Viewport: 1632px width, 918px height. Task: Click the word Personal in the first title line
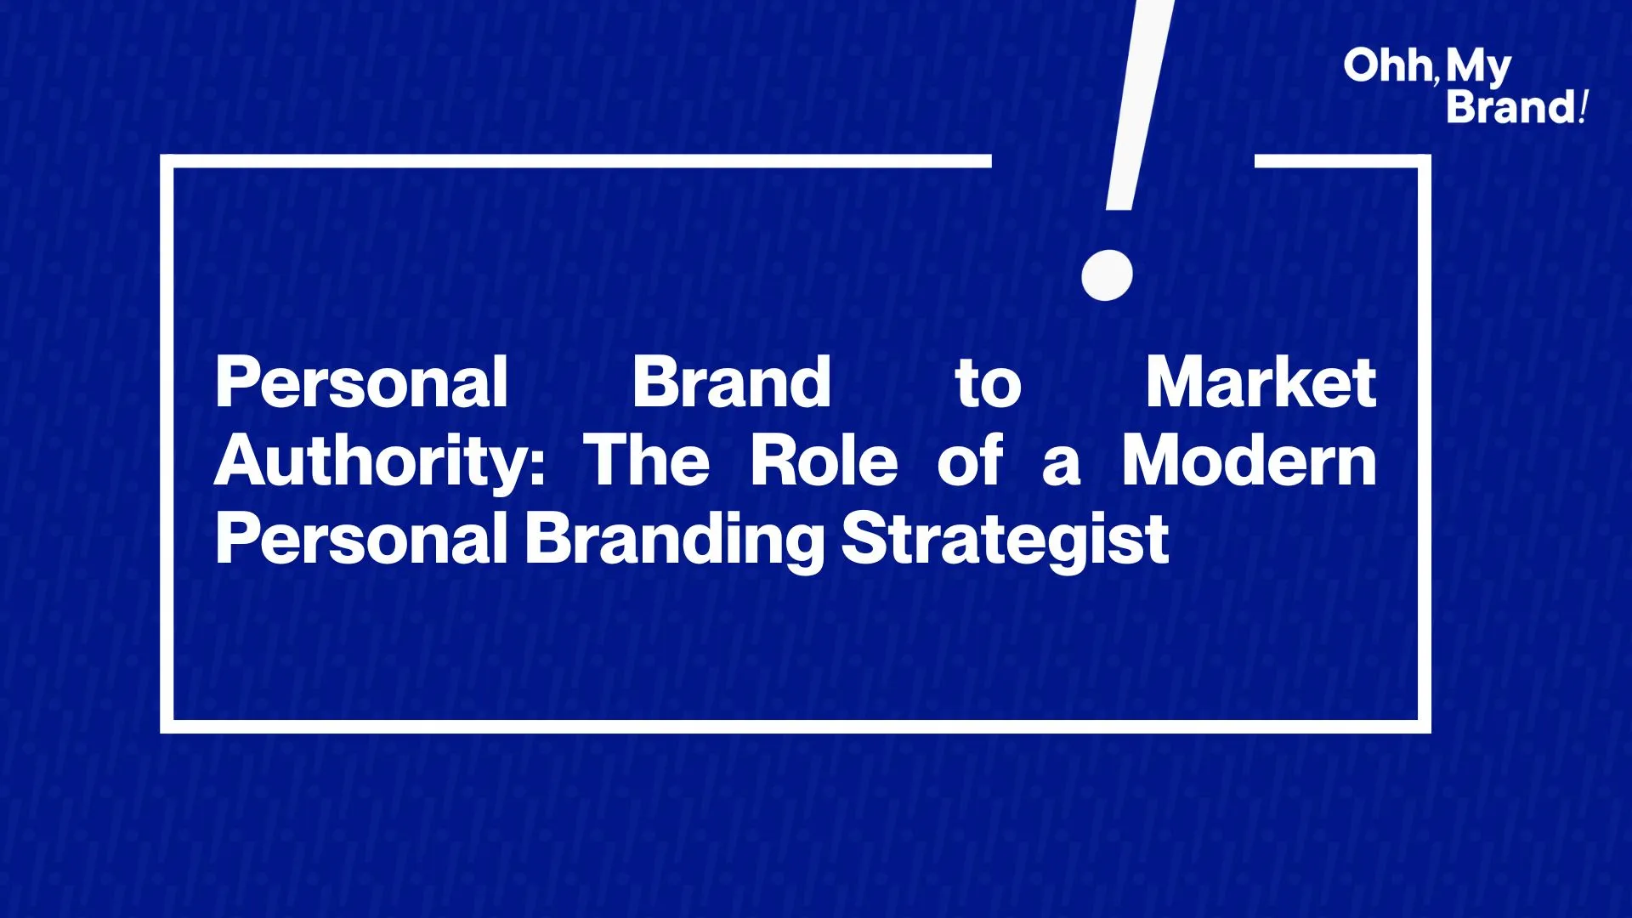coord(362,382)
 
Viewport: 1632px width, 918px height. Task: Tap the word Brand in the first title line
coord(731,382)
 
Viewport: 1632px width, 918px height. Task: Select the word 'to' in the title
coord(988,385)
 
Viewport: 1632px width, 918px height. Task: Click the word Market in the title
coord(1261,382)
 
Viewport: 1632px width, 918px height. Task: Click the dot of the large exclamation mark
coord(1107,275)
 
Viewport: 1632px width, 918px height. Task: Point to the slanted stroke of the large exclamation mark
coord(1141,104)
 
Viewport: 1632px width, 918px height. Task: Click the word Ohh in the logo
coord(1388,65)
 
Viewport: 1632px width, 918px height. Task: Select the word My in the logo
coord(1479,69)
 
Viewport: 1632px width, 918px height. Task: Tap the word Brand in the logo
coord(1511,107)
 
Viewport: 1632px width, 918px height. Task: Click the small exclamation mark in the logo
coord(1582,107)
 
